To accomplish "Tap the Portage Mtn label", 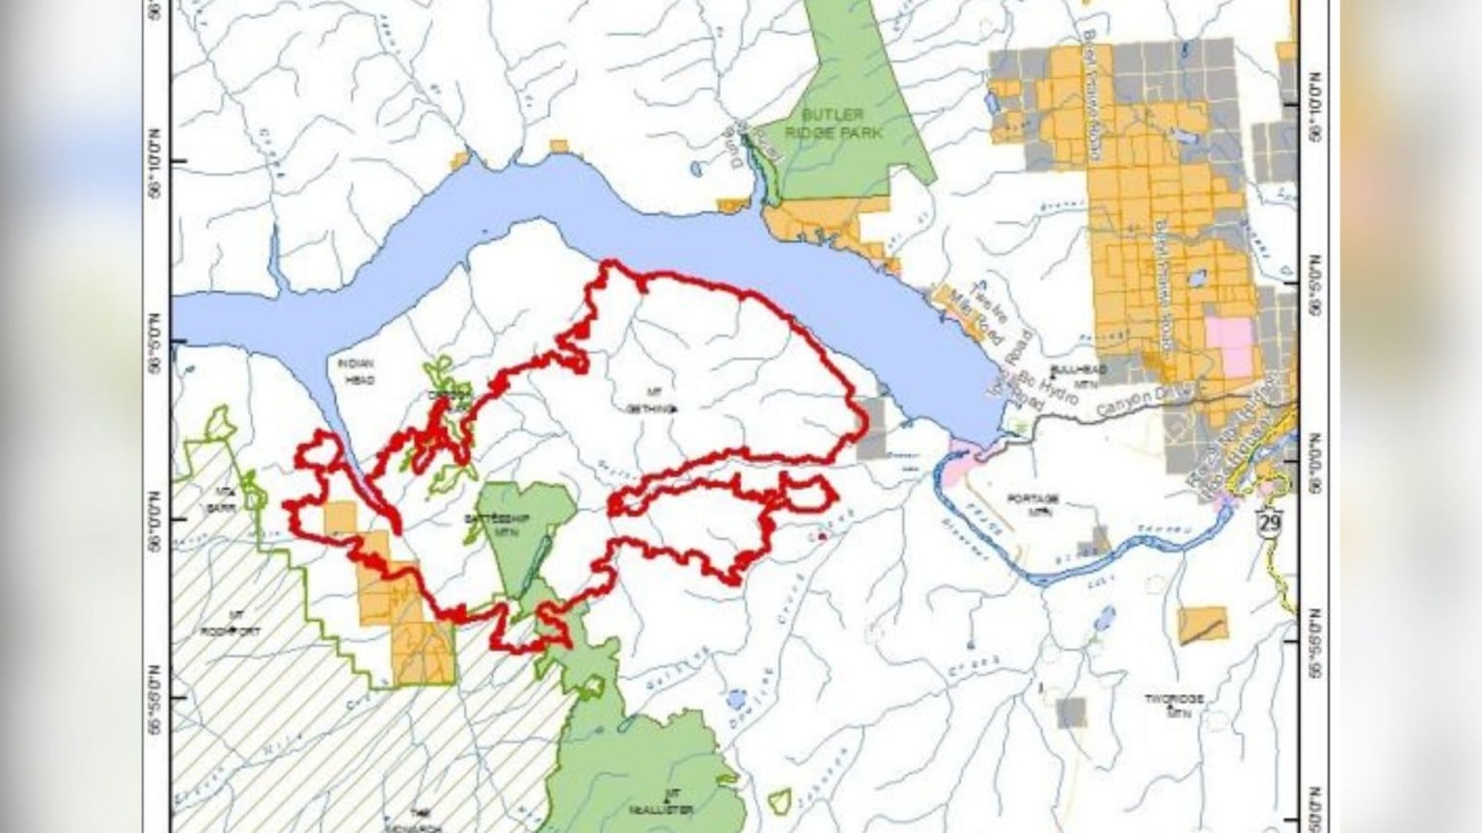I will pos(1032,503).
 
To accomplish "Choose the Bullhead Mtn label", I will pos(1075,375).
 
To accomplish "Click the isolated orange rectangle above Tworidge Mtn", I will pos(1203,625).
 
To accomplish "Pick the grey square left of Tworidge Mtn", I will pos(1071,712).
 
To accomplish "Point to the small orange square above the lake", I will pos(559,147).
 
